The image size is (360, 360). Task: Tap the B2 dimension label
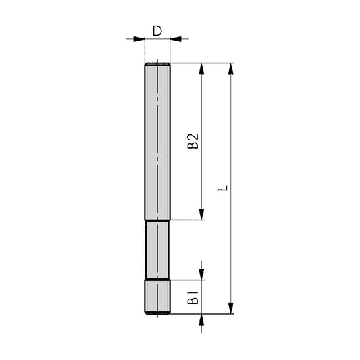click(192, 141)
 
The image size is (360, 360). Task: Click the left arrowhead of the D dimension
click(140, 39)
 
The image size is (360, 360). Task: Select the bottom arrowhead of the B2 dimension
click(201, 214)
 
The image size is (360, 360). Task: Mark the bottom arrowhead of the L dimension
click(232, 309)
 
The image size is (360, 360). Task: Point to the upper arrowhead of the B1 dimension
click(201, 274)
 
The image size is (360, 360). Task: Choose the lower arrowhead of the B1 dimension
click(201, 319)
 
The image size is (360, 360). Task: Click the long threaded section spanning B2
click(157, 141)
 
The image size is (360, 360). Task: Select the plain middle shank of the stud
click(157, 249)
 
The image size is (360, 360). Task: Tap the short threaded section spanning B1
click(157, 297)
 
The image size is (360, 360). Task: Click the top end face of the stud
click(157, 63)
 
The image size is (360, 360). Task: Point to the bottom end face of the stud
click(157, 314)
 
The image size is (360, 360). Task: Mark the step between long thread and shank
click(157, 220)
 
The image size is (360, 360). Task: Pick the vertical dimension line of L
click(232, 135)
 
